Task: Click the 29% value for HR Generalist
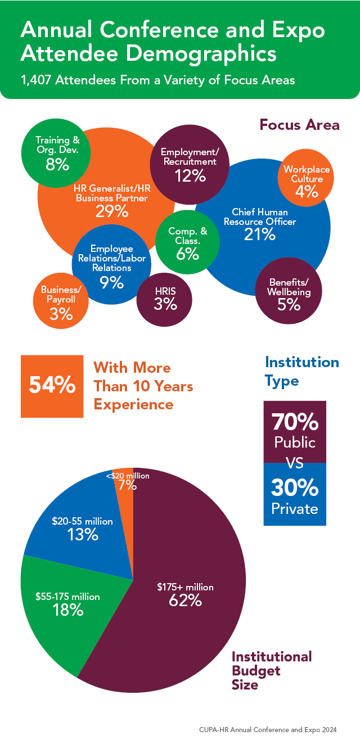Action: pos(111,211)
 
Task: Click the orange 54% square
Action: pos(52,386)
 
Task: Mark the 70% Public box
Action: pos(295,431)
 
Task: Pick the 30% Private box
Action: pos(295,495)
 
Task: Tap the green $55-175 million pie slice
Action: pos(62,607)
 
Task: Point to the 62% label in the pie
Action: pos(185,601)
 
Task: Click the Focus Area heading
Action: pos(299,124)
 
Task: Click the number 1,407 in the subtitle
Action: pos(38,80)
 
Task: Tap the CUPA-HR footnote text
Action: pos(268,730)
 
